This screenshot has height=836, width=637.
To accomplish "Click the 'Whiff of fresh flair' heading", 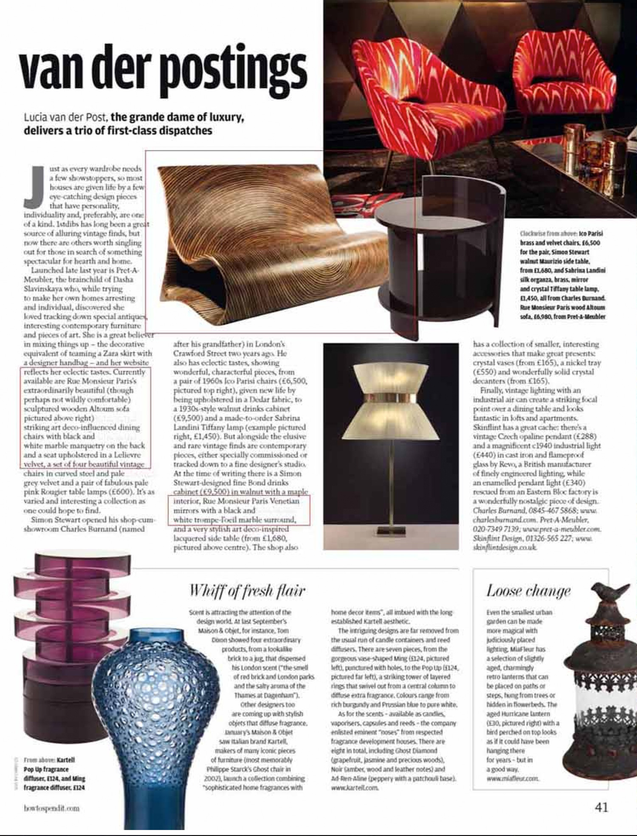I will coord(247,591).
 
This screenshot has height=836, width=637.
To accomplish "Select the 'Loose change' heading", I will coord(528,591).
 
